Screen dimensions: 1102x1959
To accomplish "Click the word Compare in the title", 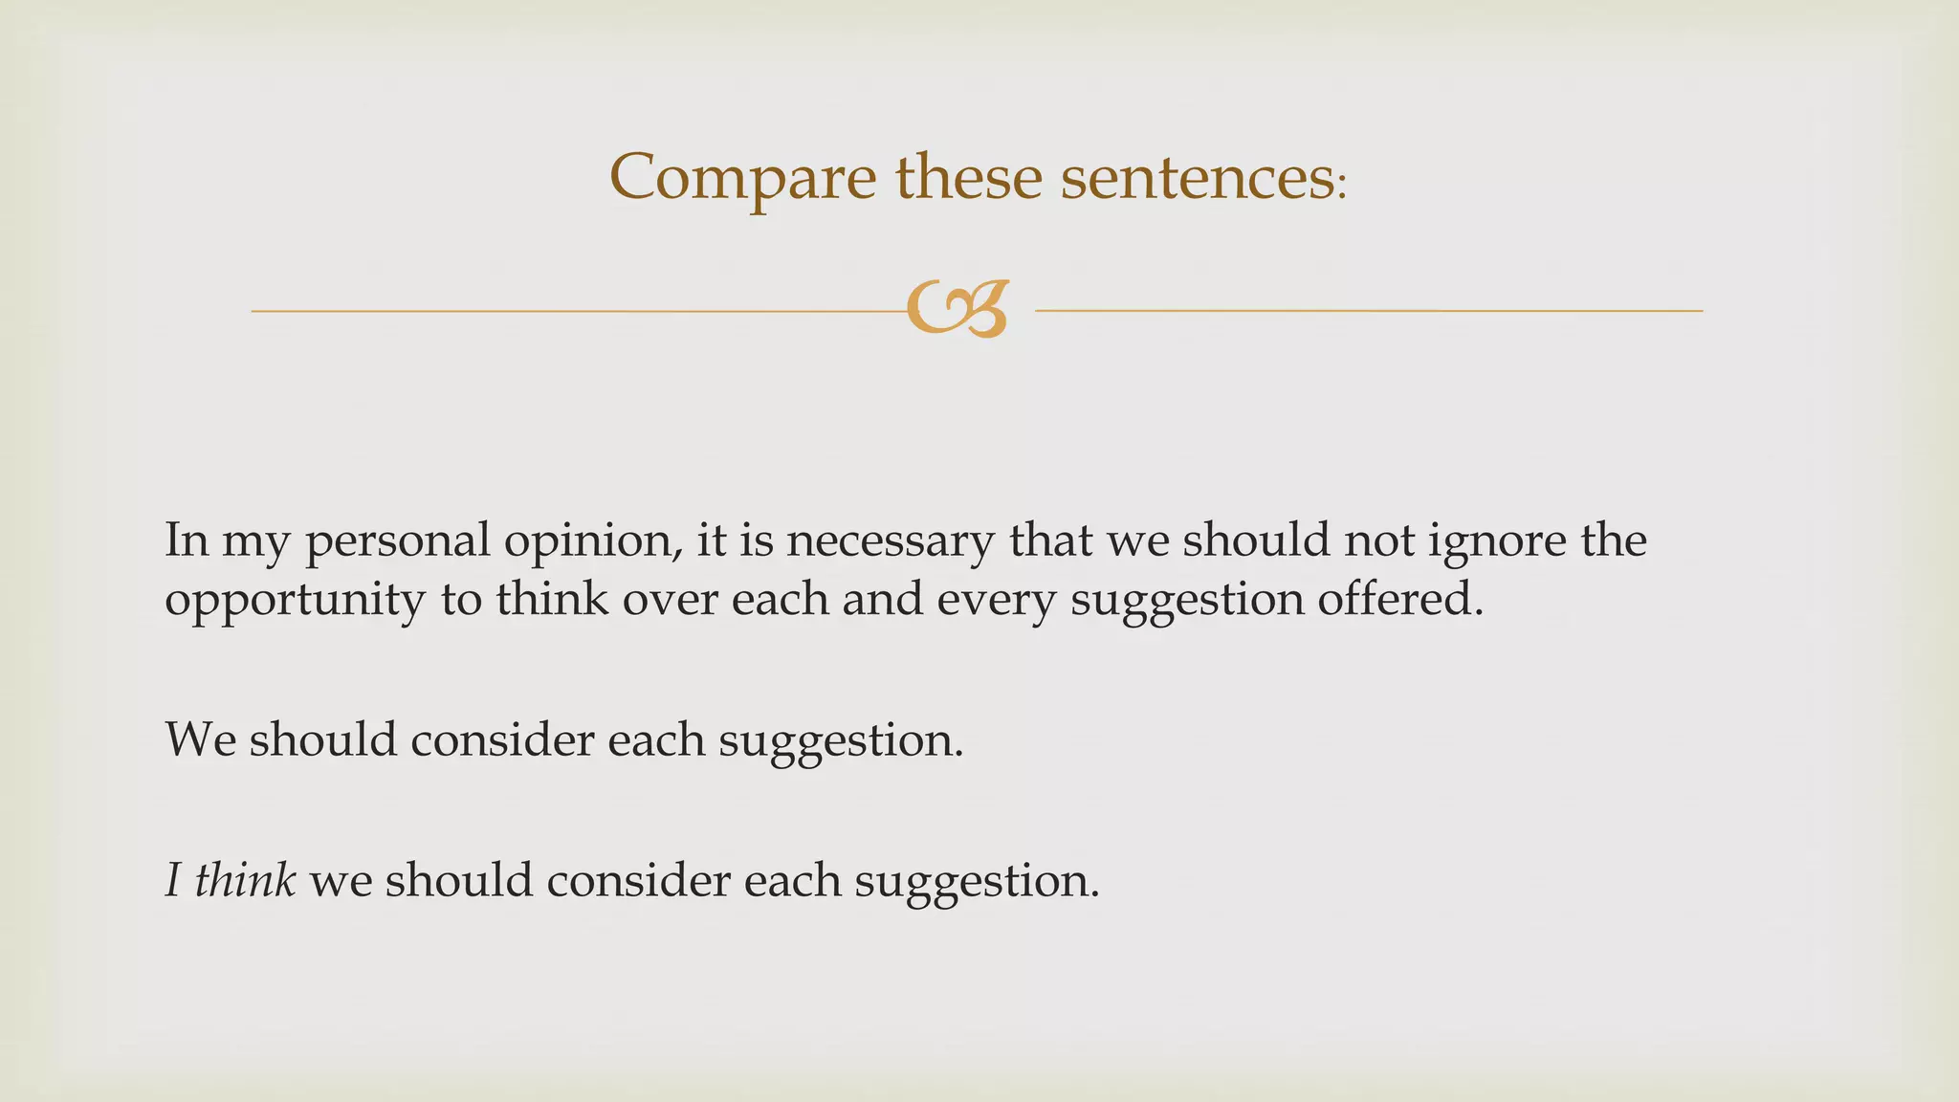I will pyautogui.click(x=742, y=178).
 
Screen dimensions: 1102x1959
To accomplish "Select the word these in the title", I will pyautogui.click(x=968, y=178).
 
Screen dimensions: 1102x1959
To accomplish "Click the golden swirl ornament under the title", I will pyautogui.click(x=957, y=309).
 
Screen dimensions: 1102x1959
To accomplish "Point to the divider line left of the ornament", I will pyautogui.click(x=574, y=311).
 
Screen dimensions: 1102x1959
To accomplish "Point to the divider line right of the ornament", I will pyautogui.click(x=1368, y=311).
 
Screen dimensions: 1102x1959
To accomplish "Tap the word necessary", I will pyautogui.click(x=890, y=540).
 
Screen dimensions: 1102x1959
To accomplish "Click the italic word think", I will pyautogui.click(x=245, y=880).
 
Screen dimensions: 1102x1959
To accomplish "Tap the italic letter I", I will pyautogui.click(x=173, y=880).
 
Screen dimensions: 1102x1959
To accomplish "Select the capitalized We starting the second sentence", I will pyautogui.click(x=200, y=739).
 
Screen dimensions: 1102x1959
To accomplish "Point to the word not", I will pyautogui.click(x=1379, y=540).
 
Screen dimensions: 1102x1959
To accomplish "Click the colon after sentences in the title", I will pyautogui.click(x=1341, y=186).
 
